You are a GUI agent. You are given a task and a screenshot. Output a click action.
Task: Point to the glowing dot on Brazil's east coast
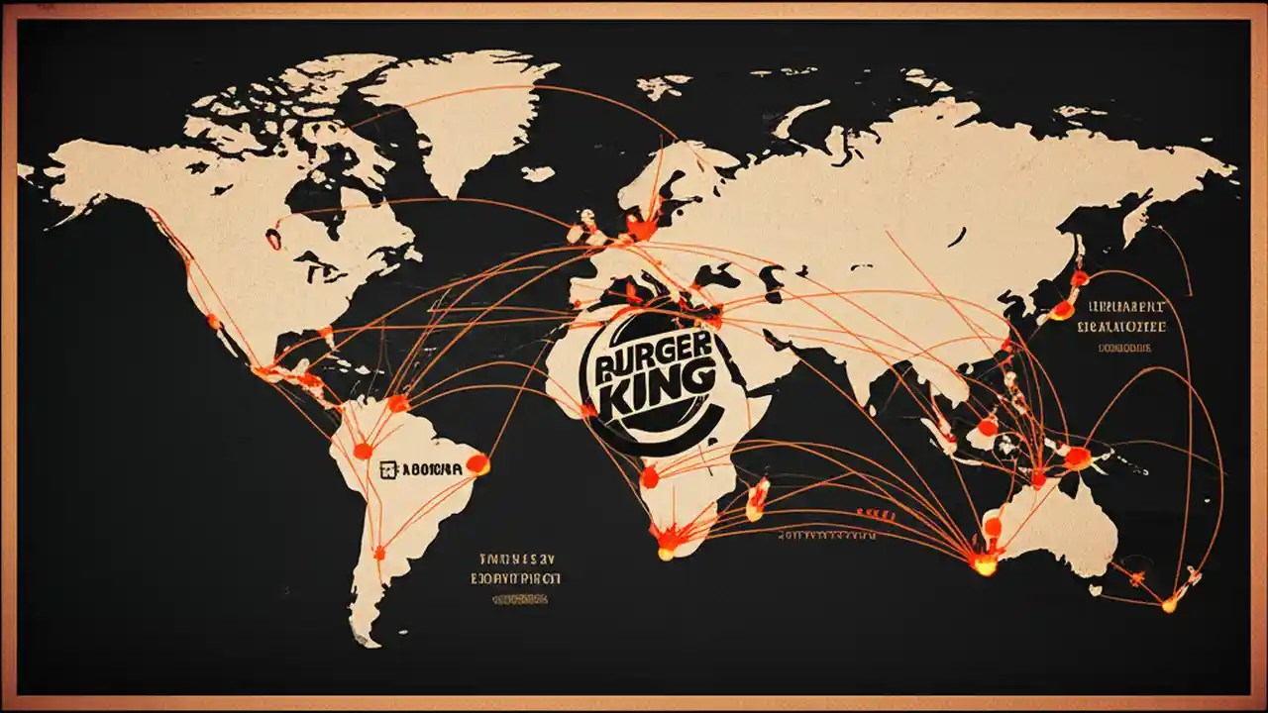tap(477, 462)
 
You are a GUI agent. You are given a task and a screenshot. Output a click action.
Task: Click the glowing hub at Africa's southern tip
tap(668, 541)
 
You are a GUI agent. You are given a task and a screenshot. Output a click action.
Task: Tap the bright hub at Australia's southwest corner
tap(984, 562)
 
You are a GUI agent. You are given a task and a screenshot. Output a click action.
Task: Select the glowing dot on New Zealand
tap(1170, 604)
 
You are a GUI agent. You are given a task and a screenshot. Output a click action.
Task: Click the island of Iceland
tap(537, 173)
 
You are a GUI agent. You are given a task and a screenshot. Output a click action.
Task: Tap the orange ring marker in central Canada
tap(272, 238)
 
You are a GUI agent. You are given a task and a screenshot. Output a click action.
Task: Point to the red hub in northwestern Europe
tap(641, 229)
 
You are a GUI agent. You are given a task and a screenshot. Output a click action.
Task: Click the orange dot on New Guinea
tap(1077, 458)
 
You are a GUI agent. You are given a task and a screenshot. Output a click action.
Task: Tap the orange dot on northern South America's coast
tap(397, 403)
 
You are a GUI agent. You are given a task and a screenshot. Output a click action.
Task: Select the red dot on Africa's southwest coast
tap(649, 477)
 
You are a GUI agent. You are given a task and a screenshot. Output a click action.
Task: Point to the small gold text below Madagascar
tap(826, 535)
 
